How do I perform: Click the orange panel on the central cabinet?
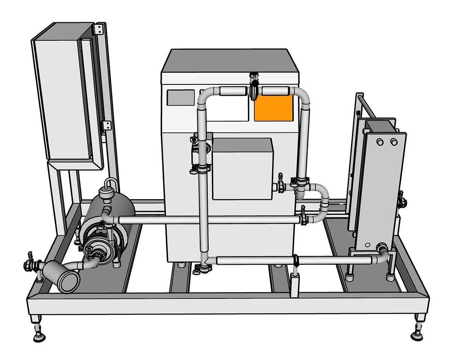(x=274, y=108)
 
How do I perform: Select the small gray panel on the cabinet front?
(x=181, y=98)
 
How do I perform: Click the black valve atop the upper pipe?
(x=253, y=86)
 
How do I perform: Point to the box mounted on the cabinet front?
(x=242, y=168)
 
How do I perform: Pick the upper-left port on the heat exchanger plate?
(x=380, y=142)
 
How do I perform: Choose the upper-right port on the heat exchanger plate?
(x=394, y=142)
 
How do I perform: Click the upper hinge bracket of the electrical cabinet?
(x=99, y=29)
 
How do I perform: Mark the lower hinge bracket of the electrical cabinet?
(x=107, y=125)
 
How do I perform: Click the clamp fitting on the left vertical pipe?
(x=202, y=168)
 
